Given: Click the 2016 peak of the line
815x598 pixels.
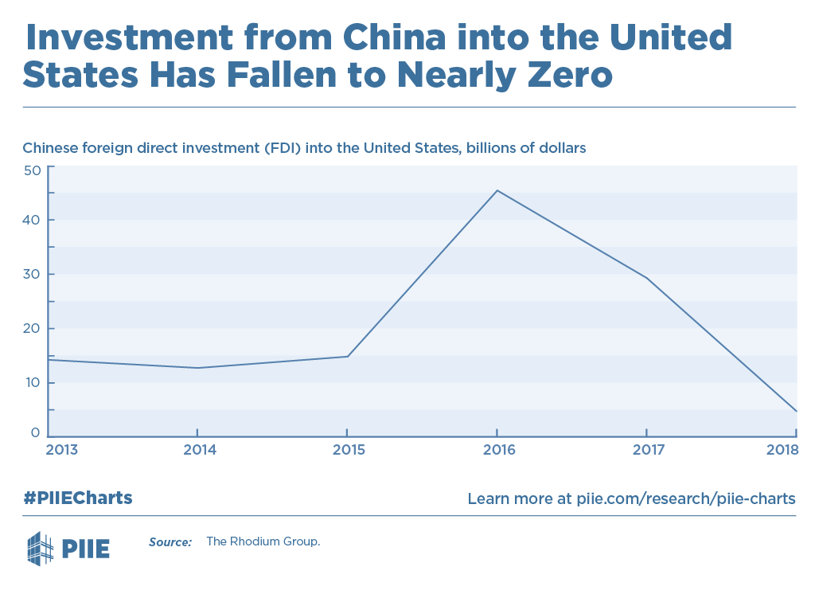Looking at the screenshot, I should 497,190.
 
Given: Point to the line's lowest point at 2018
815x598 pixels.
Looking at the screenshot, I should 796,412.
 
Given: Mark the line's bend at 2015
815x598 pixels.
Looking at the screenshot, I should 348,356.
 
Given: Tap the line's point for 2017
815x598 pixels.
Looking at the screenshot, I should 646,278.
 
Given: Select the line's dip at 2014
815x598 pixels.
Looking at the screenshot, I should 197,368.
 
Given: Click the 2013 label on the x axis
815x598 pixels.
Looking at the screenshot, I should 62,450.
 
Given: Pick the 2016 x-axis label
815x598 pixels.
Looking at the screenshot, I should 497,450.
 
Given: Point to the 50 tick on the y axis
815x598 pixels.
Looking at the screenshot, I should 32,170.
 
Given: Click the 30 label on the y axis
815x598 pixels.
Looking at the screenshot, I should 32,274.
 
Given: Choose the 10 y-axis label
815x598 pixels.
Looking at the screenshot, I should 32,382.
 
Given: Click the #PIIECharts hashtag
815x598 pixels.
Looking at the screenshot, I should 77,498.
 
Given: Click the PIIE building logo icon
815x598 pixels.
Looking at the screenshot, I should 41,548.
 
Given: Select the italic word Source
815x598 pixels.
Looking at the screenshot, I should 170,542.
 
